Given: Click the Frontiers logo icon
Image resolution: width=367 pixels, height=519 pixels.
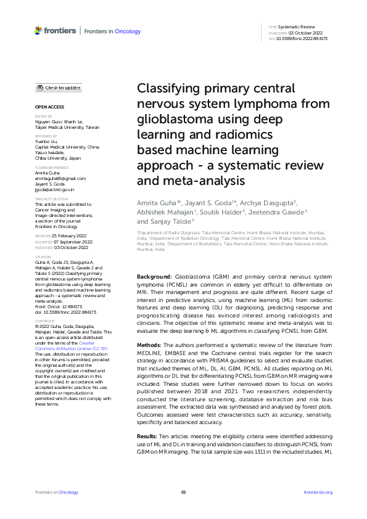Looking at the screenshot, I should pyautogui.click(x=39, y=30).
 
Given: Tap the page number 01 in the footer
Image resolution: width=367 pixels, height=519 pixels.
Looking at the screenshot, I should pyautogui.click(x=183, y=492).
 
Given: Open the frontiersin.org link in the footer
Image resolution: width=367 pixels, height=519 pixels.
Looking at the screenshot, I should pyautogui.click(x=318, y=492).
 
